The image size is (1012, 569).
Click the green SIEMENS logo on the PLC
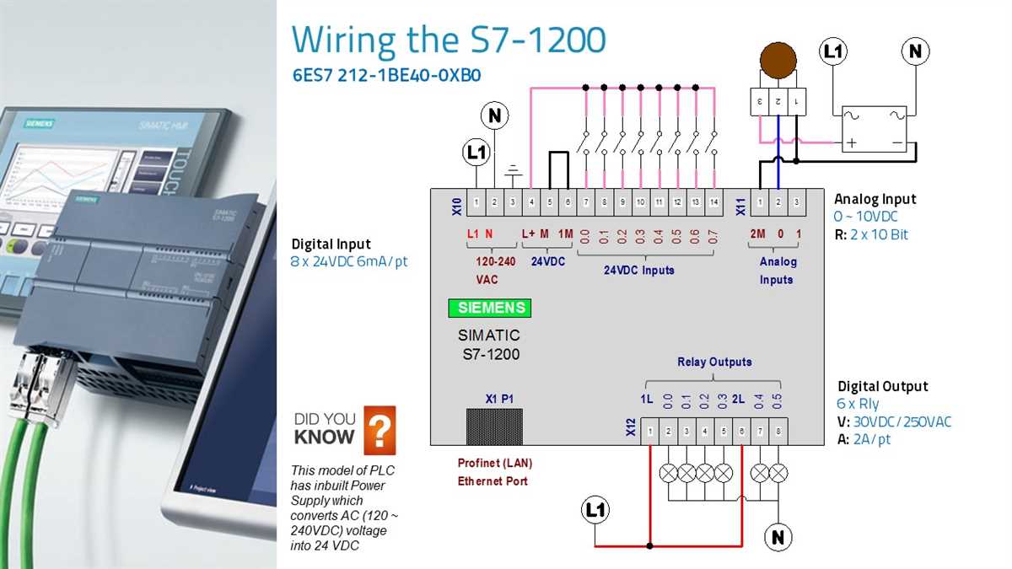tap(490, 308)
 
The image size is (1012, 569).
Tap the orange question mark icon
tap(379, 430)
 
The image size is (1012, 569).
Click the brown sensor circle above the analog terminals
tap(778, 62)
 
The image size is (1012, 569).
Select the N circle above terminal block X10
tap(495, 115)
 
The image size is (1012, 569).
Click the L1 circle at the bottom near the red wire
tap(595, 510)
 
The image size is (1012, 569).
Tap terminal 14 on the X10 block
tap(714, 202)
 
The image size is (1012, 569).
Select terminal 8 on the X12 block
tap(778, 432)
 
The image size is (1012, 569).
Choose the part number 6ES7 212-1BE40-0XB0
tap(386, 74)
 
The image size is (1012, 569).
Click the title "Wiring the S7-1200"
tap(448, 40)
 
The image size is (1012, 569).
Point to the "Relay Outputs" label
tap(714, 362)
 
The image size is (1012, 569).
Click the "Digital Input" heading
tap(331, 244)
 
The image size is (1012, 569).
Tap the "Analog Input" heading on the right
tap(875, 199)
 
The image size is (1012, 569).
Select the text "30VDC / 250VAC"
tap(902, 421)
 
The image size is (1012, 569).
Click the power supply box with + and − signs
tap(875, 129)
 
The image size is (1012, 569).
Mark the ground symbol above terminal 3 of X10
tap(513, 174)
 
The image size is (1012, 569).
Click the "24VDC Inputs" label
tap(638, 271)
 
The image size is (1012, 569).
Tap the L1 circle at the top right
tap(833, 52)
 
